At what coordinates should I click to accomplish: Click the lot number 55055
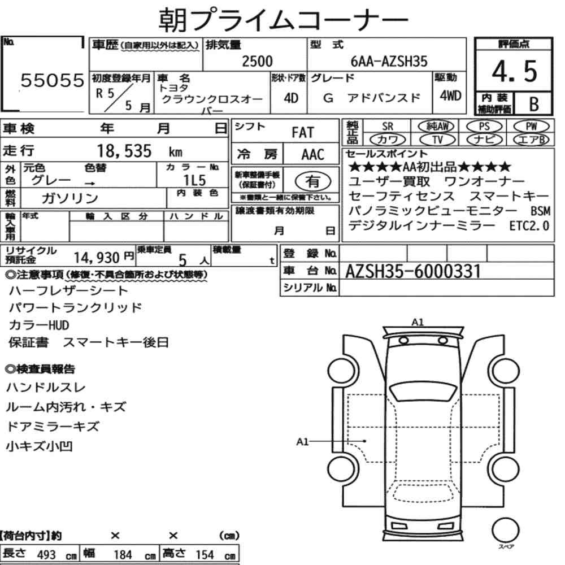(x=52, y=80)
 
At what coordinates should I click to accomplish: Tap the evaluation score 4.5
(x=514, y=71)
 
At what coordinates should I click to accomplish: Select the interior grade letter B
(x=534, y=104)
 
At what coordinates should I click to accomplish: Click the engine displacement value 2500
(x=257, y=61)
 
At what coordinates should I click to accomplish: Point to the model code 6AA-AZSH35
(x=389, y=61)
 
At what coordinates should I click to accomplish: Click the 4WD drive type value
(x=450, y=95)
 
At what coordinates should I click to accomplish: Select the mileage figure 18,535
(x=124, y=151)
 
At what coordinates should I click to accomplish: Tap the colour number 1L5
(x=194, y=180)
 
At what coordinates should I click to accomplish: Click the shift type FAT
(x=303, y=133)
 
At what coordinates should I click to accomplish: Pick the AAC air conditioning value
(x=313, y=155)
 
